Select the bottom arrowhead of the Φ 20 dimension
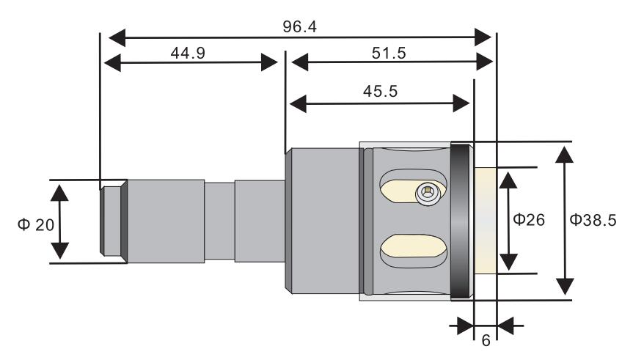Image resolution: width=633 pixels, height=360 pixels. coord(60,251)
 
